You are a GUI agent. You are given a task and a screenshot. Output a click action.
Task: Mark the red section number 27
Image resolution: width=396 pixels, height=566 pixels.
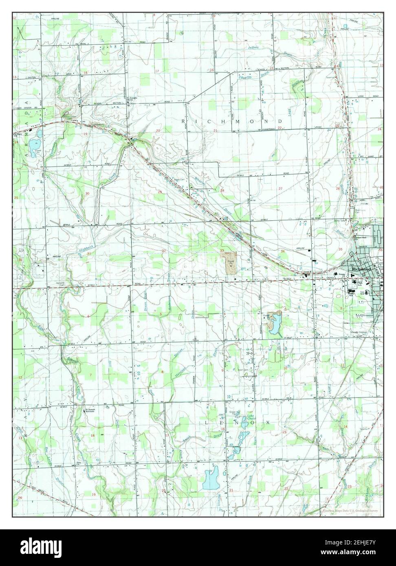click(280, 189)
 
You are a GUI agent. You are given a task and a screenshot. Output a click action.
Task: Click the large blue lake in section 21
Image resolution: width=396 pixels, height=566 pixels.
click(211, 479)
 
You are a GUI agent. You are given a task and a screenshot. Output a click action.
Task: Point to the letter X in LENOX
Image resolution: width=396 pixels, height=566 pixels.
click(268, 423)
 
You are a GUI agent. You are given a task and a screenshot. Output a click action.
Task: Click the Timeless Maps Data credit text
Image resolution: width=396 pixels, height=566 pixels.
click(351, 510)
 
